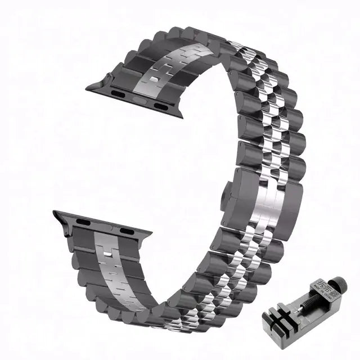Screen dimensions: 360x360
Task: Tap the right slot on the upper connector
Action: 160,106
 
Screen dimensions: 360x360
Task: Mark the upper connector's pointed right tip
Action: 181,115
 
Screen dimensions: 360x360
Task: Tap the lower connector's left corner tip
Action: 55,213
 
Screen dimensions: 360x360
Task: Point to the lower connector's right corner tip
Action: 151,233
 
